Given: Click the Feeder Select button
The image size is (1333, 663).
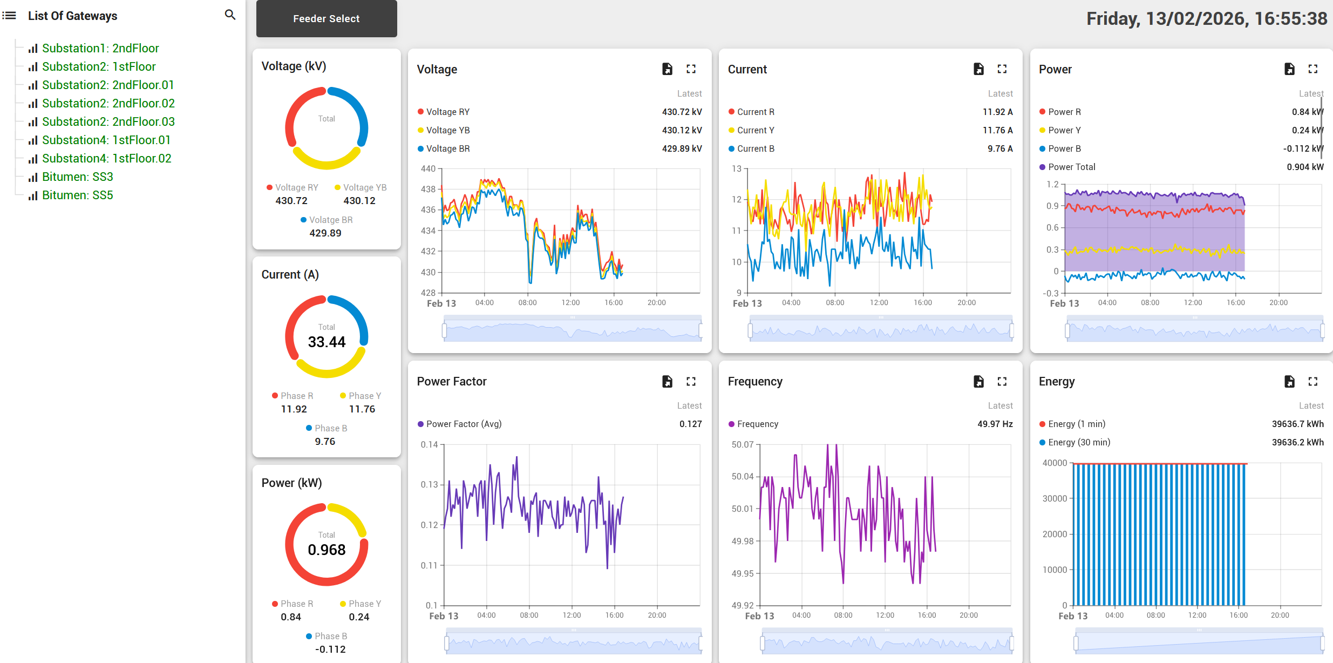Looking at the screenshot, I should coord(326,19).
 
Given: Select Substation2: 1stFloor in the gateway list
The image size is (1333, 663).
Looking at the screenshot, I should coord(99,66).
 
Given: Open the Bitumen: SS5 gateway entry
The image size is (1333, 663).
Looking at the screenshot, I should coord(77,195).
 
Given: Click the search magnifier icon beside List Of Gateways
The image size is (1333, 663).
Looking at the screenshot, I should coord(230,15).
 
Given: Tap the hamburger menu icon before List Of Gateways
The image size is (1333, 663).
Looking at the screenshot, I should coord(9,16).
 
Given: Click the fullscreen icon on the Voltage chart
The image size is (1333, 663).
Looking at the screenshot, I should coord(691,69).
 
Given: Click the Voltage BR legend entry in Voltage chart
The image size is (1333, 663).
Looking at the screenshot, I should coord(447,148).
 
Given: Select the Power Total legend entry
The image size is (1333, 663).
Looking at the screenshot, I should coord(1071,167).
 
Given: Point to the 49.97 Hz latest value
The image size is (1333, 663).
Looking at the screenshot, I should coord(995,424).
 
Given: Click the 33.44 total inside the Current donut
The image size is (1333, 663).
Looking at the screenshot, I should coord(327,342).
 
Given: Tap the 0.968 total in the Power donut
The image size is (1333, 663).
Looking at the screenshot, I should coord(327,550).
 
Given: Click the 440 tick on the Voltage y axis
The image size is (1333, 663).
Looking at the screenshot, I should coord(428,168).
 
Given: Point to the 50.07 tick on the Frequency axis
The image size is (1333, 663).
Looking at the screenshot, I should coord(742,444).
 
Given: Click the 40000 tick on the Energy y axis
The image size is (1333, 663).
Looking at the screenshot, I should coord(1055,463).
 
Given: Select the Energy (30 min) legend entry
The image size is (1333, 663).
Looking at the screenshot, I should coord(1078,442).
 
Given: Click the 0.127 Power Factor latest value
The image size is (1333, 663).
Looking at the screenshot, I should coord(690,424).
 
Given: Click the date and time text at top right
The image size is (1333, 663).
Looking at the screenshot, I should coord(1206,19).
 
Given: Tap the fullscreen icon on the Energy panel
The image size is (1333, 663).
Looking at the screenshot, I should coord(1312,382).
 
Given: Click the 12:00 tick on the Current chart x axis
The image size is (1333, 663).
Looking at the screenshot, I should coord(879,302).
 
